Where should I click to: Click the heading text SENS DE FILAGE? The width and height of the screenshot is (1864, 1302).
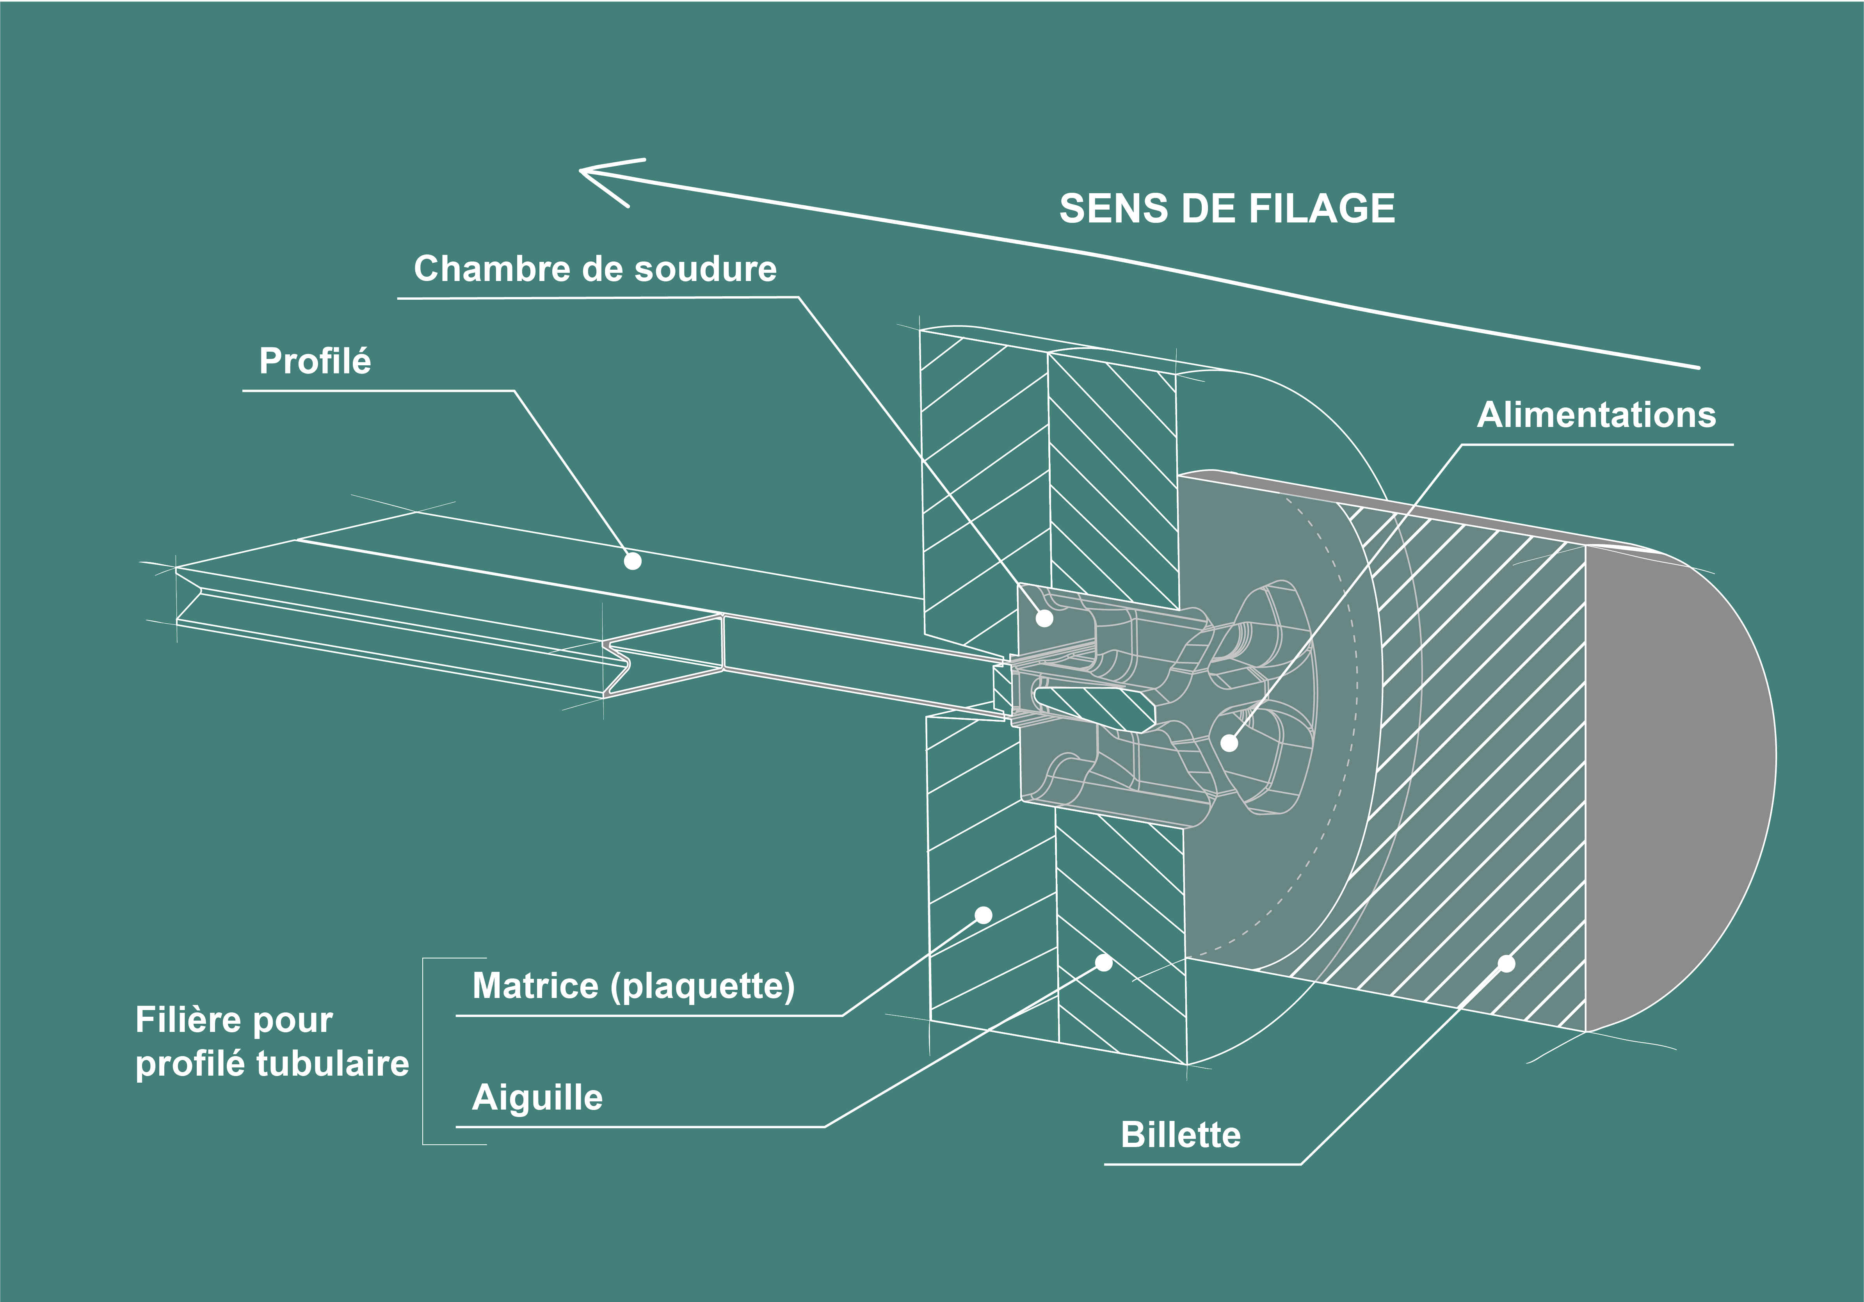point(1227,209)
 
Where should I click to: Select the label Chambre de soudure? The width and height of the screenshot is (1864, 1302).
point(595,269)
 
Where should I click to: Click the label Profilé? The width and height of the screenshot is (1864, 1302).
point(315,361)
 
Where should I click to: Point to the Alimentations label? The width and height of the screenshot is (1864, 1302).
point(1596,415)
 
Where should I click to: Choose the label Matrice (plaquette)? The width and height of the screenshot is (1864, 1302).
point(633,986)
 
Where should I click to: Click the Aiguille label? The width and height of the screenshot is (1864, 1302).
point(537,1097)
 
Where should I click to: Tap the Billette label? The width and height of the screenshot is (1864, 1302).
point(1181,1135)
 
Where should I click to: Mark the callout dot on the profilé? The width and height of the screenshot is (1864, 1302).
point(632,561)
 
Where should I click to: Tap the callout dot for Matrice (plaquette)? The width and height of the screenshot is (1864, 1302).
point(983,916)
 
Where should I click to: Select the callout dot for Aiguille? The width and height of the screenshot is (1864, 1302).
point(1103,963)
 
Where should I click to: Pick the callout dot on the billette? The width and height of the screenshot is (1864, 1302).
point(1506,964)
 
